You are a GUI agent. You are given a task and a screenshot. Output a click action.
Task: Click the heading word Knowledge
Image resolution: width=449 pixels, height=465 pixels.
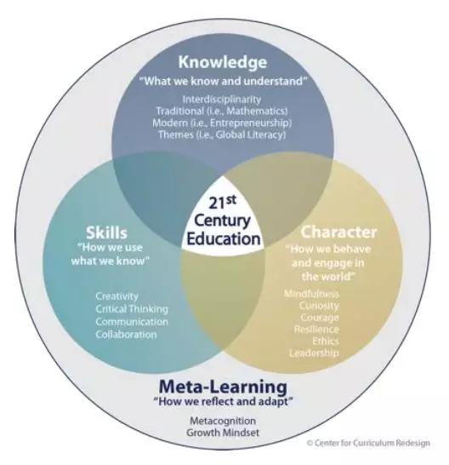point(223,62)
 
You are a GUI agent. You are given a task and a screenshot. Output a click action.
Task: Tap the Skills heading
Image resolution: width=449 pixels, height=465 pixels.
point(106,232)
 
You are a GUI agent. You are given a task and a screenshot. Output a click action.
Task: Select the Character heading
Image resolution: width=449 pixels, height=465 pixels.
point(338,232)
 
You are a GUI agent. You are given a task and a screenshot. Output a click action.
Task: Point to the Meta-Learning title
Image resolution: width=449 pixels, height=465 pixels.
point(223,387)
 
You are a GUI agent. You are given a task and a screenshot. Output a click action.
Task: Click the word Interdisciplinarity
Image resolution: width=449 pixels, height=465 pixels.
point(222,100)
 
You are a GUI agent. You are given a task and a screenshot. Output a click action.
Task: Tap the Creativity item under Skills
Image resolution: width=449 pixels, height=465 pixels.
point(117,296)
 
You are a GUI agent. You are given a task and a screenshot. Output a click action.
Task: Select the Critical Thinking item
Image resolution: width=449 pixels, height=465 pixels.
point(132,309)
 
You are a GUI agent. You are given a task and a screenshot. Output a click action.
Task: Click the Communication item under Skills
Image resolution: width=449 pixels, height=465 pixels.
point(132,322)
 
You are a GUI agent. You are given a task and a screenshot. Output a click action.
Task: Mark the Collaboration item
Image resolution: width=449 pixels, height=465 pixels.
point(126,335)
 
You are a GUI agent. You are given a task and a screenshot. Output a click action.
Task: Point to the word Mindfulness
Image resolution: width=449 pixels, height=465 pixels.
point(311,294)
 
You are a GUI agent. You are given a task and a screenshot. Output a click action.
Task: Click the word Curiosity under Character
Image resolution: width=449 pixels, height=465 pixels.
point(319,306)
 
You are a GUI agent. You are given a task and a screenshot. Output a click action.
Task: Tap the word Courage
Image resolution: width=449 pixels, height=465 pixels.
point(320,318)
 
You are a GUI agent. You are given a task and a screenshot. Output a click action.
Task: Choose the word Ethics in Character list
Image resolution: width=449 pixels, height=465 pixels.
point(325,341)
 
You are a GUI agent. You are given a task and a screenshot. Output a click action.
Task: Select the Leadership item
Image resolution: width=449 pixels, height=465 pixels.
point(314,353)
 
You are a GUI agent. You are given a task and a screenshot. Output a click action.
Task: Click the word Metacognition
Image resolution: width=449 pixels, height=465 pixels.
point(223,421)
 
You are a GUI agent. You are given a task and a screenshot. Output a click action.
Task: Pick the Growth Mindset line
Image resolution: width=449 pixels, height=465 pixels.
point(223,433)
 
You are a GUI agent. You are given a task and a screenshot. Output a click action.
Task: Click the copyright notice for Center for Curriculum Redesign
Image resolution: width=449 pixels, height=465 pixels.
point(368,443)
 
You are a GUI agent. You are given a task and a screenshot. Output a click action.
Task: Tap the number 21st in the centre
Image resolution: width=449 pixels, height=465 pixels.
point(223,202)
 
